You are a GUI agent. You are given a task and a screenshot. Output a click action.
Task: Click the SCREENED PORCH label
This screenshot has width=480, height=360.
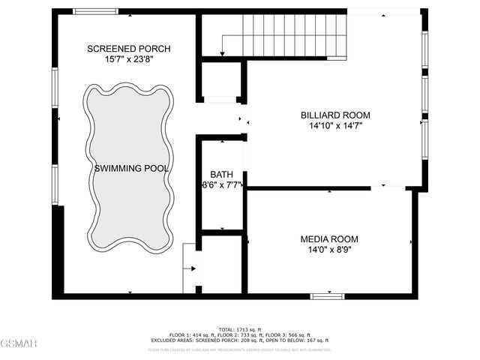click(128, 49)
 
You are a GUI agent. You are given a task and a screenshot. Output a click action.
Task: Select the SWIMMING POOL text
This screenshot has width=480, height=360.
click(131, 169)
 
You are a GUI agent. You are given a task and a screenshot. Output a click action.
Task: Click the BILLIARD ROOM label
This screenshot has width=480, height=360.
click(335, 115)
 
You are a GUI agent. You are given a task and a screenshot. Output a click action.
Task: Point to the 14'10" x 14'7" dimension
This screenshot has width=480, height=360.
click(335, 127)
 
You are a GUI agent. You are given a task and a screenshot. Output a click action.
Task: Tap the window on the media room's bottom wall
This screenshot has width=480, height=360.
click(327, 296)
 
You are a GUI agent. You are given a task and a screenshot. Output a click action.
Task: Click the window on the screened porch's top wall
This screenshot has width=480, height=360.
click(94, 11)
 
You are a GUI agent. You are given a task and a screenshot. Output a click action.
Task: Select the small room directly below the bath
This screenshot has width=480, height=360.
click(221, 264)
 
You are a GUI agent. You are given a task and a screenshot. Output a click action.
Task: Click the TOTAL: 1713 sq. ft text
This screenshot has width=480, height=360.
click(240, 329)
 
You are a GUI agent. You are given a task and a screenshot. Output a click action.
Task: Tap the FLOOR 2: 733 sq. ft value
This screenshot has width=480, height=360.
click(242, 334)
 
